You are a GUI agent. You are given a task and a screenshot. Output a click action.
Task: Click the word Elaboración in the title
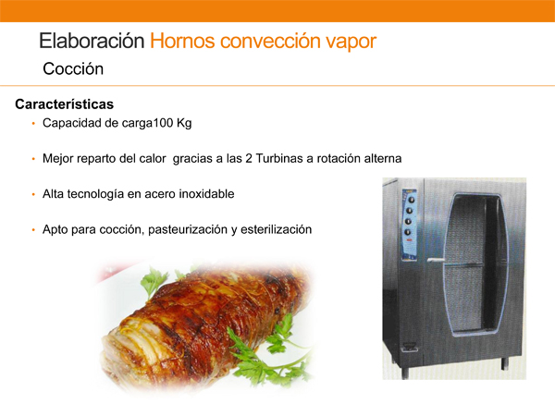click(x=92, y=41)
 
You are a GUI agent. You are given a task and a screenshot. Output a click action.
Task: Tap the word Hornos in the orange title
click(x=182, y=41)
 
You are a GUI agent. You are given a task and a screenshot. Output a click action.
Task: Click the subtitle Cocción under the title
click(x=73, y=68)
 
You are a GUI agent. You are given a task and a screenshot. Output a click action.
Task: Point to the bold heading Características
click(x=65, y=104)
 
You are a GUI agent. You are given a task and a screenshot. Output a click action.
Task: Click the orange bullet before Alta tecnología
click(x=33, y=194)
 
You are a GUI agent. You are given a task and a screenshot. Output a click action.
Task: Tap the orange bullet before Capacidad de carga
click(x=33, y=124)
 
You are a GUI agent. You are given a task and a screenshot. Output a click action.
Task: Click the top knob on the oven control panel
click(x=411, y=200)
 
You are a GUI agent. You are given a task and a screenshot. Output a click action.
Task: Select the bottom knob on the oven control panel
click(x=408, y=232)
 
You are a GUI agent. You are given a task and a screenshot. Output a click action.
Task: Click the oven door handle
click(x=436, y=261)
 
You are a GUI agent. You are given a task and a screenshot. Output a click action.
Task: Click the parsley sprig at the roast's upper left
click(x=154, y=282)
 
